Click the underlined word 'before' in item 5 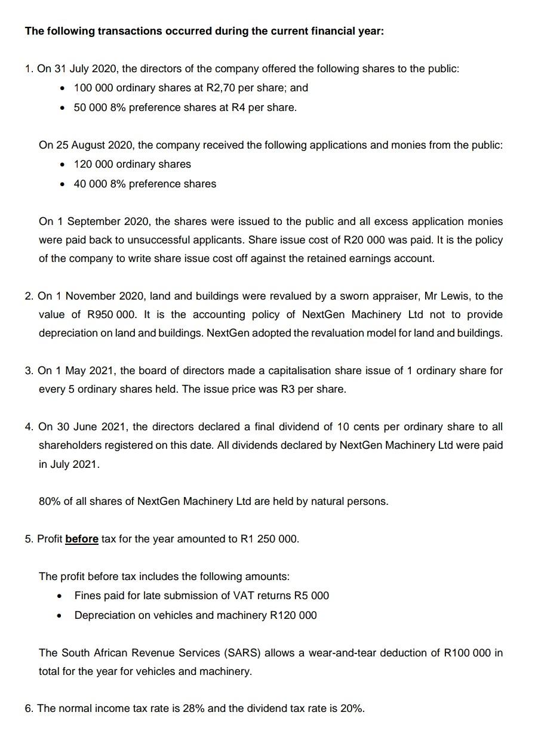(81, 539)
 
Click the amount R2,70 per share (222, 88)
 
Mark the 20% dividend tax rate (351, 708)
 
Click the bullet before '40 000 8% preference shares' (62, 184)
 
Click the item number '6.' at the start (29, 708)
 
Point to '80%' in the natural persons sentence (50, 501)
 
